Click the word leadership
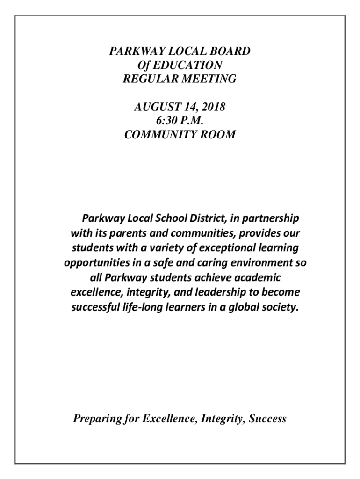235,292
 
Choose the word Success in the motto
267,419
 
